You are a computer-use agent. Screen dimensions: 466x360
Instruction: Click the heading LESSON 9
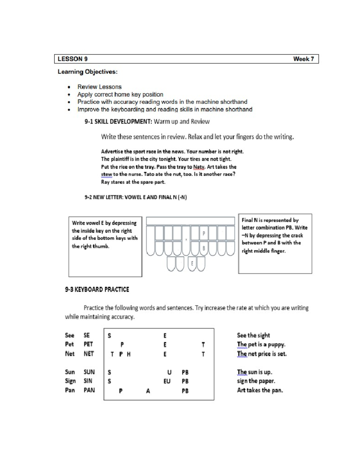[73, 59]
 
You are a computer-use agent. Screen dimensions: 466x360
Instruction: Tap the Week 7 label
[303, 59]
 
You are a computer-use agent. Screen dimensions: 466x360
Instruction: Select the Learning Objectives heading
[87, 72]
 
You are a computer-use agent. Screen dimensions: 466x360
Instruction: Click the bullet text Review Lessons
[99, 87]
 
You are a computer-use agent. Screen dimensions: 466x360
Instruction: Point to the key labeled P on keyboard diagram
[204, 233]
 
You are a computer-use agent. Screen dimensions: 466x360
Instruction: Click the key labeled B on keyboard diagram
[204, 248]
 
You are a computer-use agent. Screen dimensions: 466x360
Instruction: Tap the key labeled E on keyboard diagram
[192, 264]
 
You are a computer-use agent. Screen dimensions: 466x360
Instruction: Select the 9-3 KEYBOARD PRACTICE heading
[97, 290]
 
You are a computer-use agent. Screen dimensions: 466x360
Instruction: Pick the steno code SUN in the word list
[89, 372]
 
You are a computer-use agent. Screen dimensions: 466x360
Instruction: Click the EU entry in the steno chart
[167, 381]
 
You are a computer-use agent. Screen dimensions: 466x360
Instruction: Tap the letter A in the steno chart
[148, 391]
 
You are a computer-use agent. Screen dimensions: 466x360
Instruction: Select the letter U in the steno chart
[169, 372]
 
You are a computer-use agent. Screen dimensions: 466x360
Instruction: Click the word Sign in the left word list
[70, 381]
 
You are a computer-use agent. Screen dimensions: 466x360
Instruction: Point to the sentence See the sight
[253, 335]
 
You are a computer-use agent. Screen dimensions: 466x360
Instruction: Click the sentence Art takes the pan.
[260, 390]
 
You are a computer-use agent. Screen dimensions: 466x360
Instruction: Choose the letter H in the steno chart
[129, 354]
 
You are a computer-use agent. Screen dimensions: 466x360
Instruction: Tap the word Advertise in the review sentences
[112, 152]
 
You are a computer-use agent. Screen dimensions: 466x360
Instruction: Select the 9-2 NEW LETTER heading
[136, 197]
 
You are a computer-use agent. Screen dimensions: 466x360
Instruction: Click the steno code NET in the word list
[89, 354]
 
